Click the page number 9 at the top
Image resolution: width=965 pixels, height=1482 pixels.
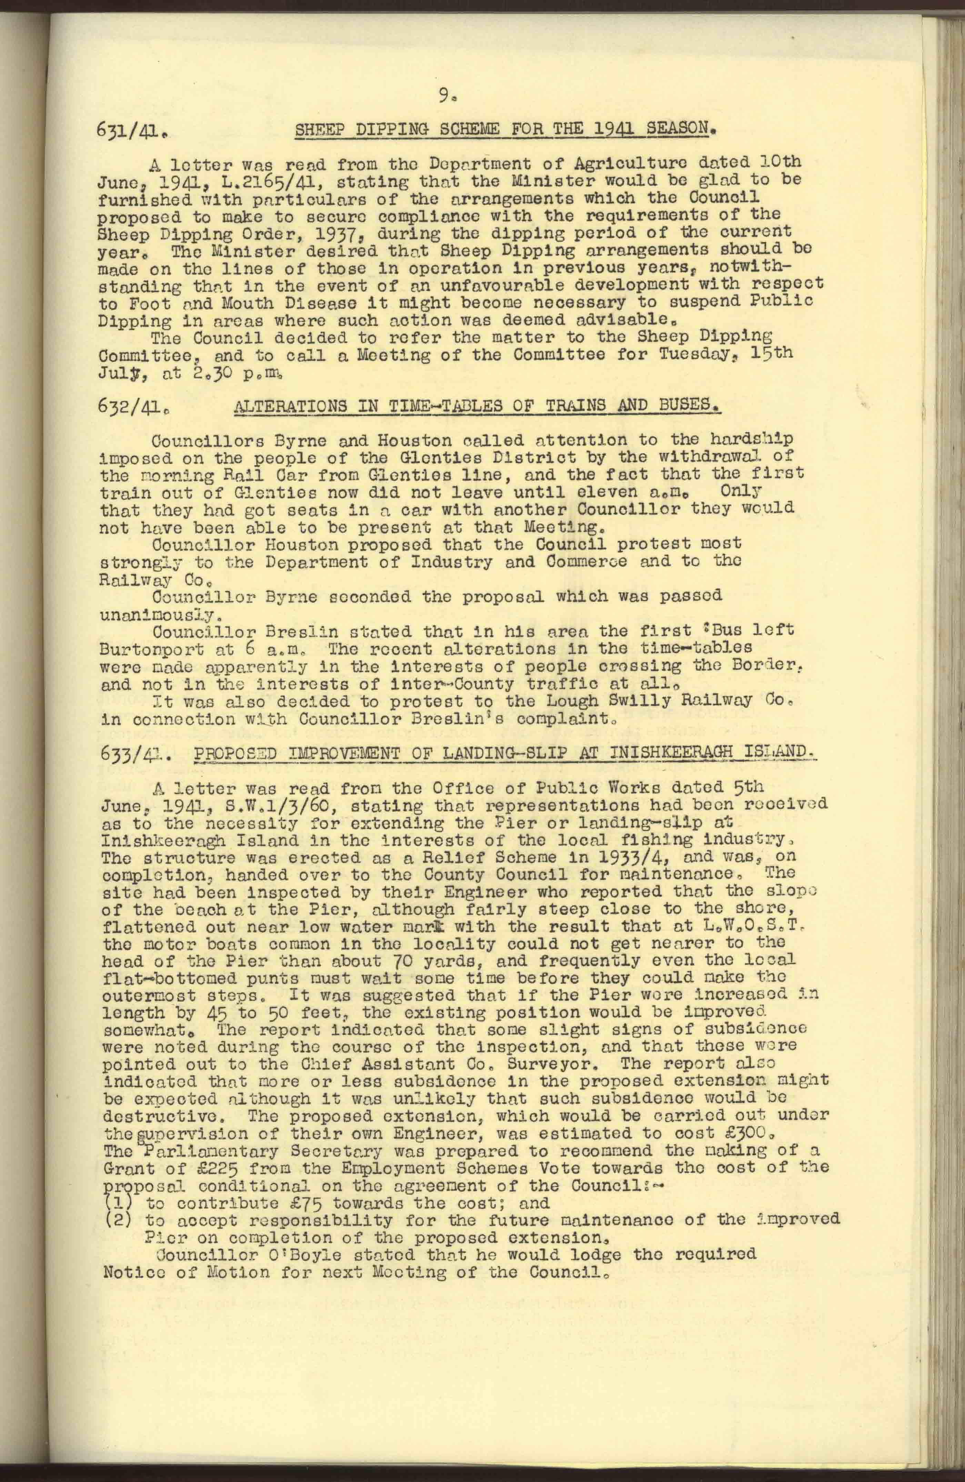444,96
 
